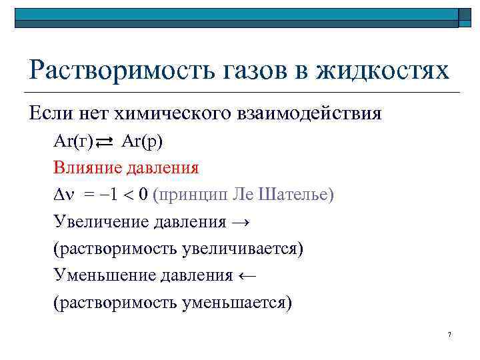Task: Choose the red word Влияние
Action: click(86, 167)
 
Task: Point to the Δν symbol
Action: click(65, 195)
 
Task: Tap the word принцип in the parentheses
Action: click(195, 195)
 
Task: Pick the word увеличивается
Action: click(239, 249)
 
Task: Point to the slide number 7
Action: click(450, 334)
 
